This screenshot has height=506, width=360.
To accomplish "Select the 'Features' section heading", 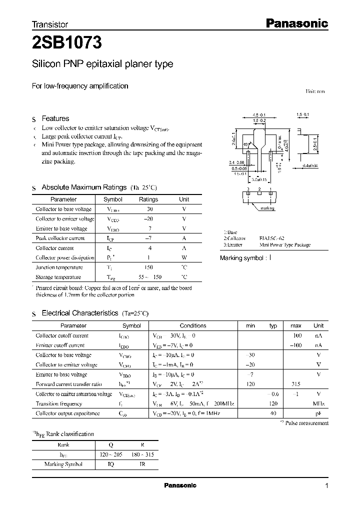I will click(x=55, y=118).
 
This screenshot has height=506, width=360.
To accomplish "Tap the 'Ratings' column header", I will click(x=148, y=199).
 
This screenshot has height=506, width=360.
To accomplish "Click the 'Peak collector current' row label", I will click(x=60, y=238).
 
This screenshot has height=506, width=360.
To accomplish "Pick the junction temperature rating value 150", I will click(x=148, y=267).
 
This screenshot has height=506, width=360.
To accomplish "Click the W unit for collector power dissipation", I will click(x=184, y=257).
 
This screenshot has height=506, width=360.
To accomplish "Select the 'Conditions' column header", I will click(x=192, y=325).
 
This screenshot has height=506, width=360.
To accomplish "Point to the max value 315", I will click(x=296, y=384).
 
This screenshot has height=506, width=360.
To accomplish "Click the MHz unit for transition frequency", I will click(x=318, y=403).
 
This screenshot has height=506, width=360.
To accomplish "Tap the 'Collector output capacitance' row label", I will click(x=67, y=413).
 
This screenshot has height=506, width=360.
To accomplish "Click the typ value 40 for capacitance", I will click(x=273, y=413).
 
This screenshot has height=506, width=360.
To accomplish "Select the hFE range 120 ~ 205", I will click(x=111, y=454).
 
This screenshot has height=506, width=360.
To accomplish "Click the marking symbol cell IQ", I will click(x=110, y=464).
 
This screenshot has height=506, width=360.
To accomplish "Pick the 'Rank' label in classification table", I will click(x=63, y=444).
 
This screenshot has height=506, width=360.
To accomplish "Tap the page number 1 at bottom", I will click(x=326, y=486).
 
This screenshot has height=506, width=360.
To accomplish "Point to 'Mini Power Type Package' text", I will click(x=284, y=245).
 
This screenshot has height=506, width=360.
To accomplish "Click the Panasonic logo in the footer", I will click(x=180, y=485).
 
